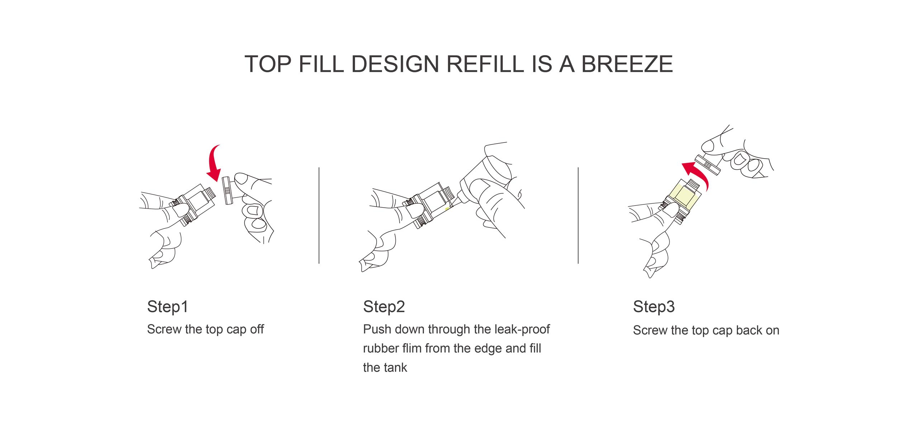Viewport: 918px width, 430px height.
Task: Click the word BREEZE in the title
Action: coord(627,64)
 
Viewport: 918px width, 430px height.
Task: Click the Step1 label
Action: coord(167,307)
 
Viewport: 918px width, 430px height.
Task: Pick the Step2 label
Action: coord(384,307)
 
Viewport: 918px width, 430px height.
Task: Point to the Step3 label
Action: coord(654,307)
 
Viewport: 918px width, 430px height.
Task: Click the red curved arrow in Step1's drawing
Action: coord(214,164)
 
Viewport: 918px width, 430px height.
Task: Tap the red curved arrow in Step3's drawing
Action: coord(697,176)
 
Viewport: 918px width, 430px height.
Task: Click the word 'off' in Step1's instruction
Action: coord(257,329)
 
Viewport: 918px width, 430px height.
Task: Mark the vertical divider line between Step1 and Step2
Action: coord(319,215)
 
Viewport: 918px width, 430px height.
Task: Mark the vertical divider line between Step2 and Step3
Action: coord(578,215)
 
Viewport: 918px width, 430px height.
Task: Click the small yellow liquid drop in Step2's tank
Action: coord(447,208)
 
